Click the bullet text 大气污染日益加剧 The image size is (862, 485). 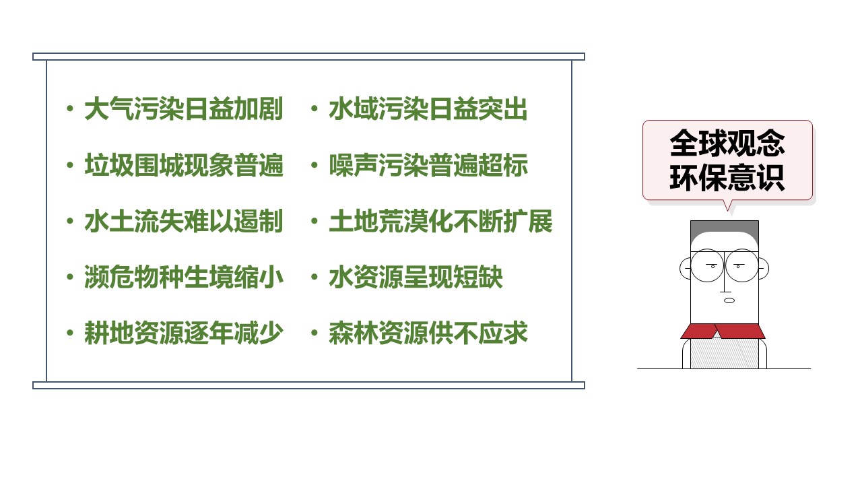(x=184, y=109)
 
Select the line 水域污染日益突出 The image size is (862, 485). (x=428, y=109)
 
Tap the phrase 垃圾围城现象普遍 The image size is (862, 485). (x=184, y=165)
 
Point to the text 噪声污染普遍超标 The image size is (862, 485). (x=428, y=165)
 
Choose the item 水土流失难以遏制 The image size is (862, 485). (x=184, y=221)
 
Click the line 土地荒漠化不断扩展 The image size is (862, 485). (x=440, y=221)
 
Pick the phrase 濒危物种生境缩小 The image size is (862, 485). (x=184, y=277)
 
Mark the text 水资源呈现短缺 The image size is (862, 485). (x=416, y=277)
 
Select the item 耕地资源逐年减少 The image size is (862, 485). (x=184, y=333)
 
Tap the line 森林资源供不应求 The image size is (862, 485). (x=428, y=333)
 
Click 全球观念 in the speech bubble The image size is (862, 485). (x=727, y=143)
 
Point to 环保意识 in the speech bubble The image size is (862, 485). (x=727, y=177)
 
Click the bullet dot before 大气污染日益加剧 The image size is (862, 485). (x=70, y=109)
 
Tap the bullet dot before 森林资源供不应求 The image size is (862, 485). (x=314, y=333)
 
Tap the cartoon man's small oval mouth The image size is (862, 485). (x=729, y=300)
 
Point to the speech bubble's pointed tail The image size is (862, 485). (x=727, y=206)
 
